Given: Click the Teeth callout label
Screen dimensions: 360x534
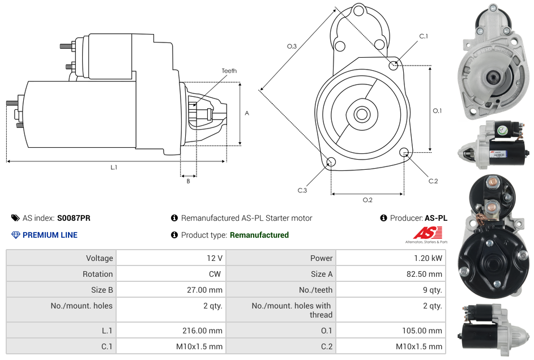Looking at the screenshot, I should click(229, 71).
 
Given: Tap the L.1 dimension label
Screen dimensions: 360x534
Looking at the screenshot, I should click(114, 168).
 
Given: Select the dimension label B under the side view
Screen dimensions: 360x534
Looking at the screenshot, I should click(189, 181).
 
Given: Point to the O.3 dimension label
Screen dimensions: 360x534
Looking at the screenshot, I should click(292, 46).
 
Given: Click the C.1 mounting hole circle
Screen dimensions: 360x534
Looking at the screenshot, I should click(394, 65).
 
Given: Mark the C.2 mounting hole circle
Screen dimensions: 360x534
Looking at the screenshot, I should click(404, 152).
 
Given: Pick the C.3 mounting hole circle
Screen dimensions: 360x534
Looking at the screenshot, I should click(331, 163).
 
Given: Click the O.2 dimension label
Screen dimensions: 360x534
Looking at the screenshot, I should click(368, 200).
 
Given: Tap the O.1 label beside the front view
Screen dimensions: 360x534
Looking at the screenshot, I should click(437, 111).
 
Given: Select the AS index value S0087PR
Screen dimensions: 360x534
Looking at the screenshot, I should click(74, 218).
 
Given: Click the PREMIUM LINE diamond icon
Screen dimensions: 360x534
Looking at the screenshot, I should click(16, 235).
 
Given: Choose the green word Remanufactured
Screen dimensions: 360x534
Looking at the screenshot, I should click(259, 235).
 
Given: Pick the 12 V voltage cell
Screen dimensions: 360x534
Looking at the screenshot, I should click(215, 258).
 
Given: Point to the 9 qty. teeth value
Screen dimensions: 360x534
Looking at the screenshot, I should click(432, 290).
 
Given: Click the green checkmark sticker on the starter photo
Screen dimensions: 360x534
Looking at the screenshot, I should click(502, 131).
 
